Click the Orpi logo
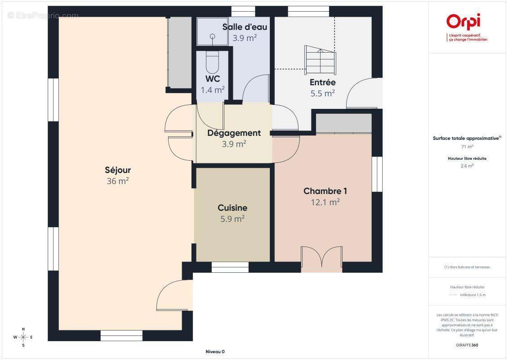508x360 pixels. coord(463,22)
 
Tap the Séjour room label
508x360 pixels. coord(118,170)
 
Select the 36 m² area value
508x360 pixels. coord(118,181)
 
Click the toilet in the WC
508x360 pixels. coord(213,63)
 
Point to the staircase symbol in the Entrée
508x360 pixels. coord(320,60)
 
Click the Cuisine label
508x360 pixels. coord(232,208)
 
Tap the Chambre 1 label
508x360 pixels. coord(325,191)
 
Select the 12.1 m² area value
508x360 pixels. coord(325,202)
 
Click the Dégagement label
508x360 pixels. coord(234,133)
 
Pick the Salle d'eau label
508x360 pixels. coord(245,27)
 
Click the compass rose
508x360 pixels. coord(23,337)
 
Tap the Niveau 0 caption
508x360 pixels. coord(215,351)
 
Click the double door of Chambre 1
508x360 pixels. coord(321,258)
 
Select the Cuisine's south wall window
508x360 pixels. coord(230,267)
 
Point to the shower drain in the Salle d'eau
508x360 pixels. coord(213,36)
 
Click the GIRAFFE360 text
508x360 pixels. coord(467,345)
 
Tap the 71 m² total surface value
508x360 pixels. coord(467,147)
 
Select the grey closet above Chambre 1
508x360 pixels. coord(344,123)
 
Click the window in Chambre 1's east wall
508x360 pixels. coord(377,174)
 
